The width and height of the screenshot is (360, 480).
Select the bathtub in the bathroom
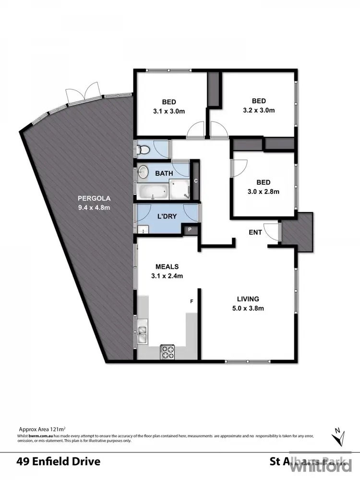click(x=153, y=192)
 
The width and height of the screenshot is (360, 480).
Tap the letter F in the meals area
click(x=192, y=301)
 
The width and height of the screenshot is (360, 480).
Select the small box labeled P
click(x=190, y=230)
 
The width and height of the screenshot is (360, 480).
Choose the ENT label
click(x=255, y=232)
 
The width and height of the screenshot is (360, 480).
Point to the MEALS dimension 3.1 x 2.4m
click(x=167, y=276)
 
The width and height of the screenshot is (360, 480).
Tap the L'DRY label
click(x=166, y=216)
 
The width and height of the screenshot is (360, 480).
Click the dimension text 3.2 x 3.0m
click(x=259, y=110)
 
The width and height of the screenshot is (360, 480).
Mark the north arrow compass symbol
click(x=339, y=436)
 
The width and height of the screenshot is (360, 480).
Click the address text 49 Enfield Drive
click(x=58, y=462)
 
